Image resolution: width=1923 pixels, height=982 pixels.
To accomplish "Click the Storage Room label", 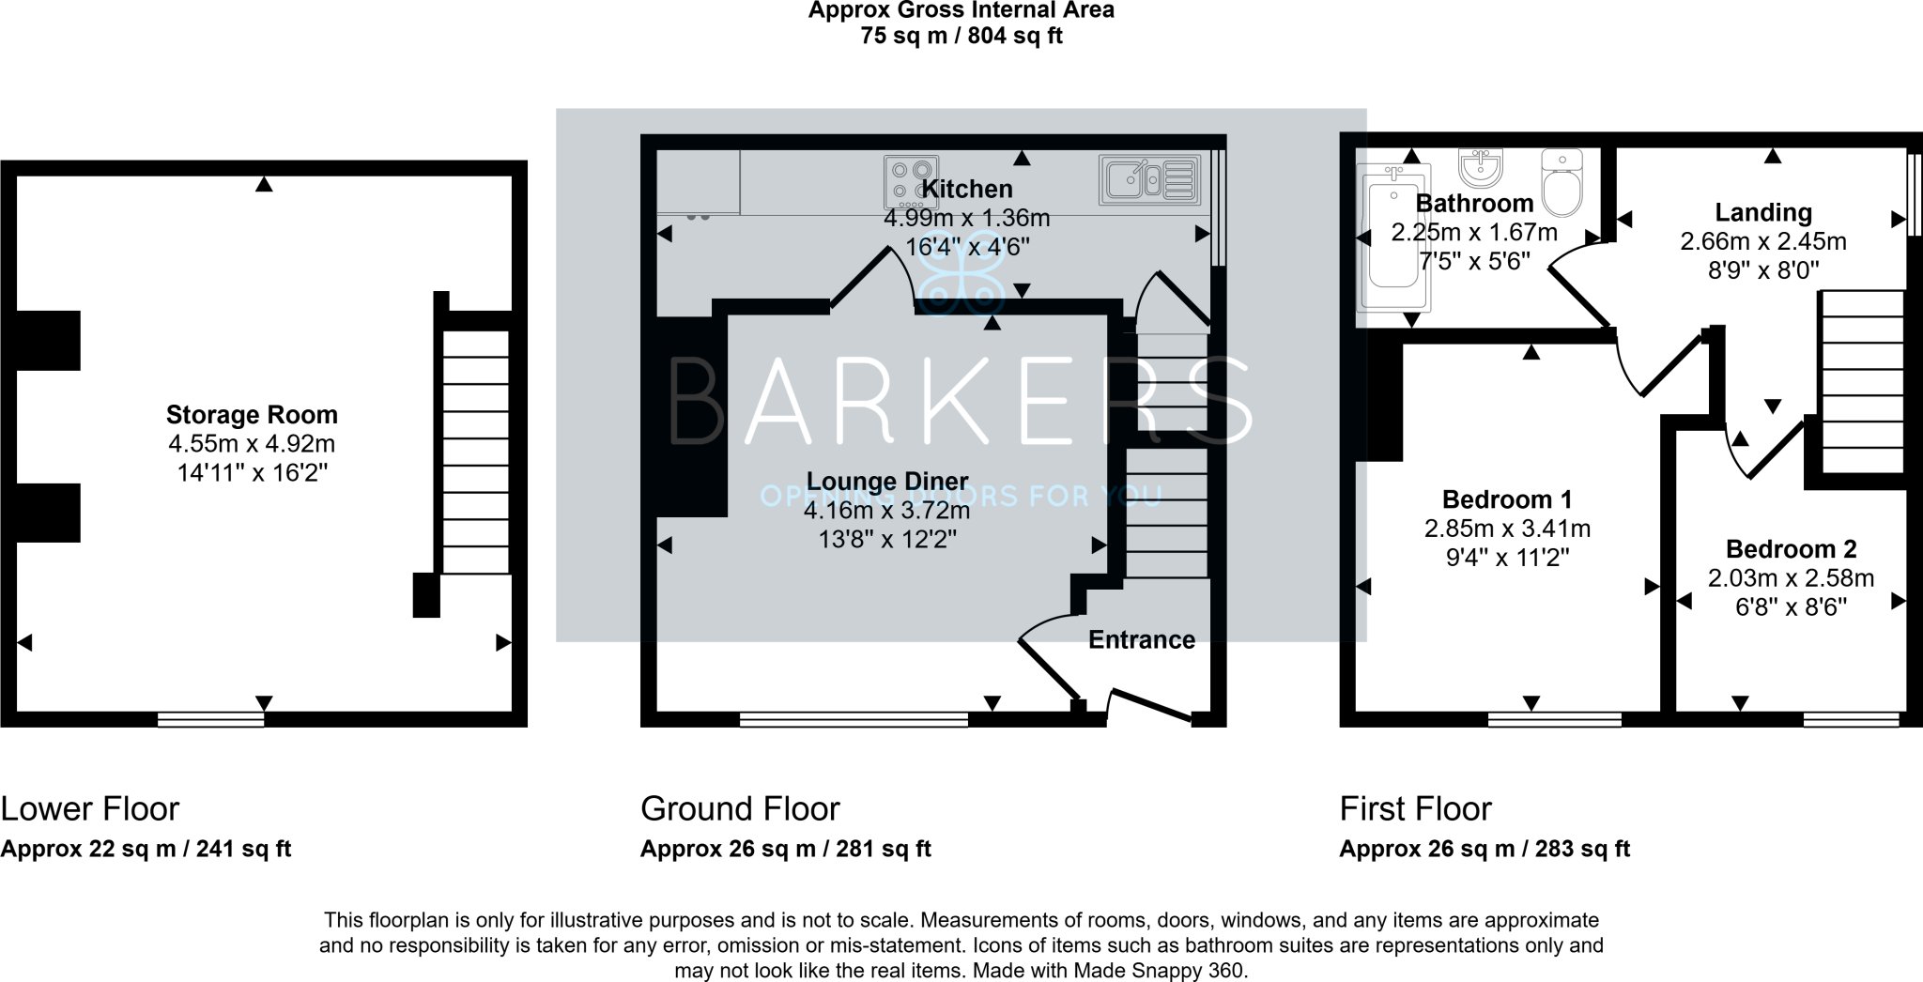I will coord(252,415).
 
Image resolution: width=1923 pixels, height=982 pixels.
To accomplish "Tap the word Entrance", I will coord(1142,640).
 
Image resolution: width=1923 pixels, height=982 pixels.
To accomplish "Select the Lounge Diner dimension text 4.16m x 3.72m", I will coord(886,512).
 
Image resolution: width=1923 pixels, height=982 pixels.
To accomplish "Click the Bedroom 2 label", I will coord(1791,549).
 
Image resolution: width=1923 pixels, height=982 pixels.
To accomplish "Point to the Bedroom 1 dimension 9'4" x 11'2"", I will coord(1507,558).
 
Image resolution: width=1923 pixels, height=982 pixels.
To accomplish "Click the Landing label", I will coord(1763,213).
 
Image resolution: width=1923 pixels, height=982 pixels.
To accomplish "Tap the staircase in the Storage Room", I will coord(475,451).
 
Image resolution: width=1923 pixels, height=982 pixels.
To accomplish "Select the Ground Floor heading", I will coord(740,809).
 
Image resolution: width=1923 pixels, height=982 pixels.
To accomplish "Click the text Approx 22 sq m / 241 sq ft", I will coord(146,850).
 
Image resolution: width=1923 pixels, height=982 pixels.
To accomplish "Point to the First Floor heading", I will coord(1415,809).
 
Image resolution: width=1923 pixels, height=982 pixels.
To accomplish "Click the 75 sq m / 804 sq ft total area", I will coord(961,38).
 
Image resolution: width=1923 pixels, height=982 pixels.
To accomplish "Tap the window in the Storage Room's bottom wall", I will coord(210,720).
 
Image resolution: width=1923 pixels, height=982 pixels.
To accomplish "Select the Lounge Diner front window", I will coord(854,720).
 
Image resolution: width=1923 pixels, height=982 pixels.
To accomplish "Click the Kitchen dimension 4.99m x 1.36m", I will coord(966,219).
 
